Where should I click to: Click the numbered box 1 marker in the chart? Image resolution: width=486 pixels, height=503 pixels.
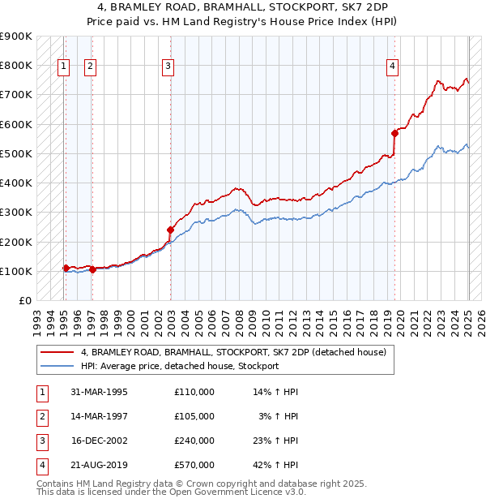pos(63,67)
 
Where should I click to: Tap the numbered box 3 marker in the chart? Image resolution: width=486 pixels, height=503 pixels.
pos(168,67)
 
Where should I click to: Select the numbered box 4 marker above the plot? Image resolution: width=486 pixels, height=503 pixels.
pos(392,67)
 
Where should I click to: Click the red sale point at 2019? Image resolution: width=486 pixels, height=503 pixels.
pos(394,133)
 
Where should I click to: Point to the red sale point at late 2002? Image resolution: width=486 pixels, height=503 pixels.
pos(170,230)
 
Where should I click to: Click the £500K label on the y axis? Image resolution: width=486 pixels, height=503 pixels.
pos(16,153)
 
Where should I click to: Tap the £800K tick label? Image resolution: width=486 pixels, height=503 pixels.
pos(16,65)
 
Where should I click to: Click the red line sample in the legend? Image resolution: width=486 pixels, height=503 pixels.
pos(57,352)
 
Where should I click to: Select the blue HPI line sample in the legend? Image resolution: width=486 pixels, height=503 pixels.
pos(57,366)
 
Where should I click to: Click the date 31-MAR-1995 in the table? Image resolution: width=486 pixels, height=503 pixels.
pos(99,392)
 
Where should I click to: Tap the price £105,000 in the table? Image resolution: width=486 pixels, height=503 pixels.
pos(194,416)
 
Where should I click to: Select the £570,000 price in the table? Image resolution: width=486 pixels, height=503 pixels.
pos(194,465)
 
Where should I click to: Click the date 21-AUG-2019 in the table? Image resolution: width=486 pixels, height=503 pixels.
pos(99,465)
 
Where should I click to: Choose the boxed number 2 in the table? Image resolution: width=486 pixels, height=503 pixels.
pos(41,416)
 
